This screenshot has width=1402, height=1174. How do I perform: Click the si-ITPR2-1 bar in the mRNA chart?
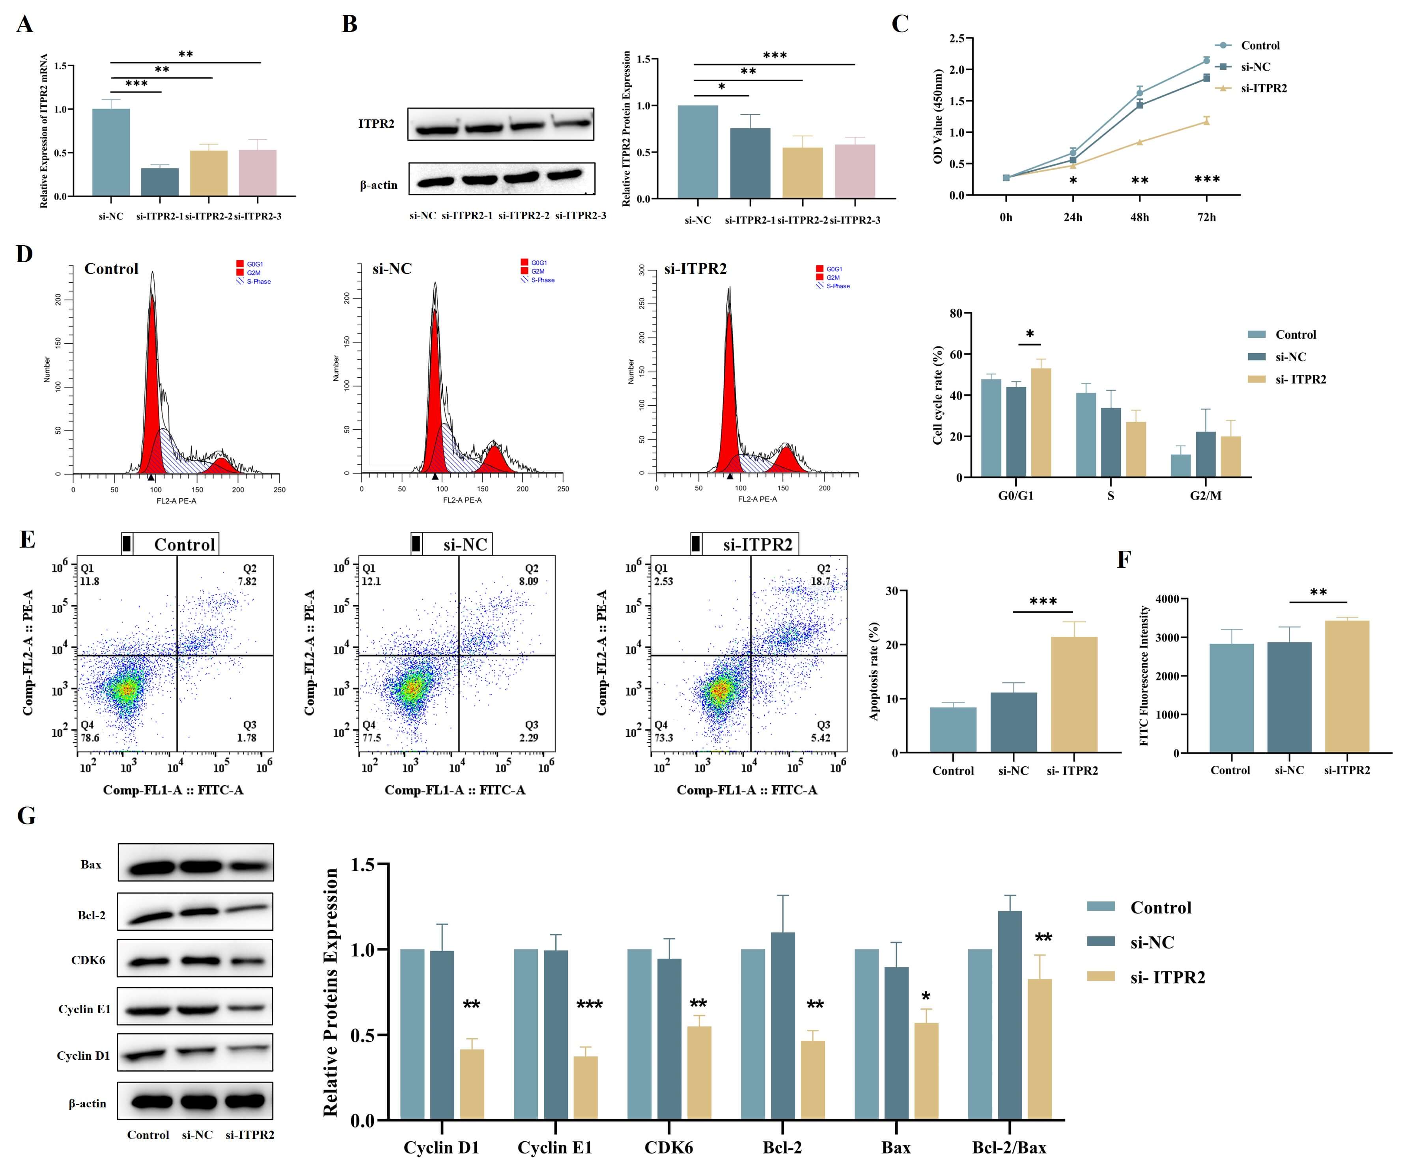[160, 181]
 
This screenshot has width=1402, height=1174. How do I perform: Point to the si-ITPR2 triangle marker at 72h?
[1206, 121]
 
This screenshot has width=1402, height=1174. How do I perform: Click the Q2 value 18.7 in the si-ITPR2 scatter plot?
[821, 581]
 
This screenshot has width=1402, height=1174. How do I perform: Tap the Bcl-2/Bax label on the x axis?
[1009, 1147]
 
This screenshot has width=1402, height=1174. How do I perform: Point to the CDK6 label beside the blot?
[88, 960]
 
